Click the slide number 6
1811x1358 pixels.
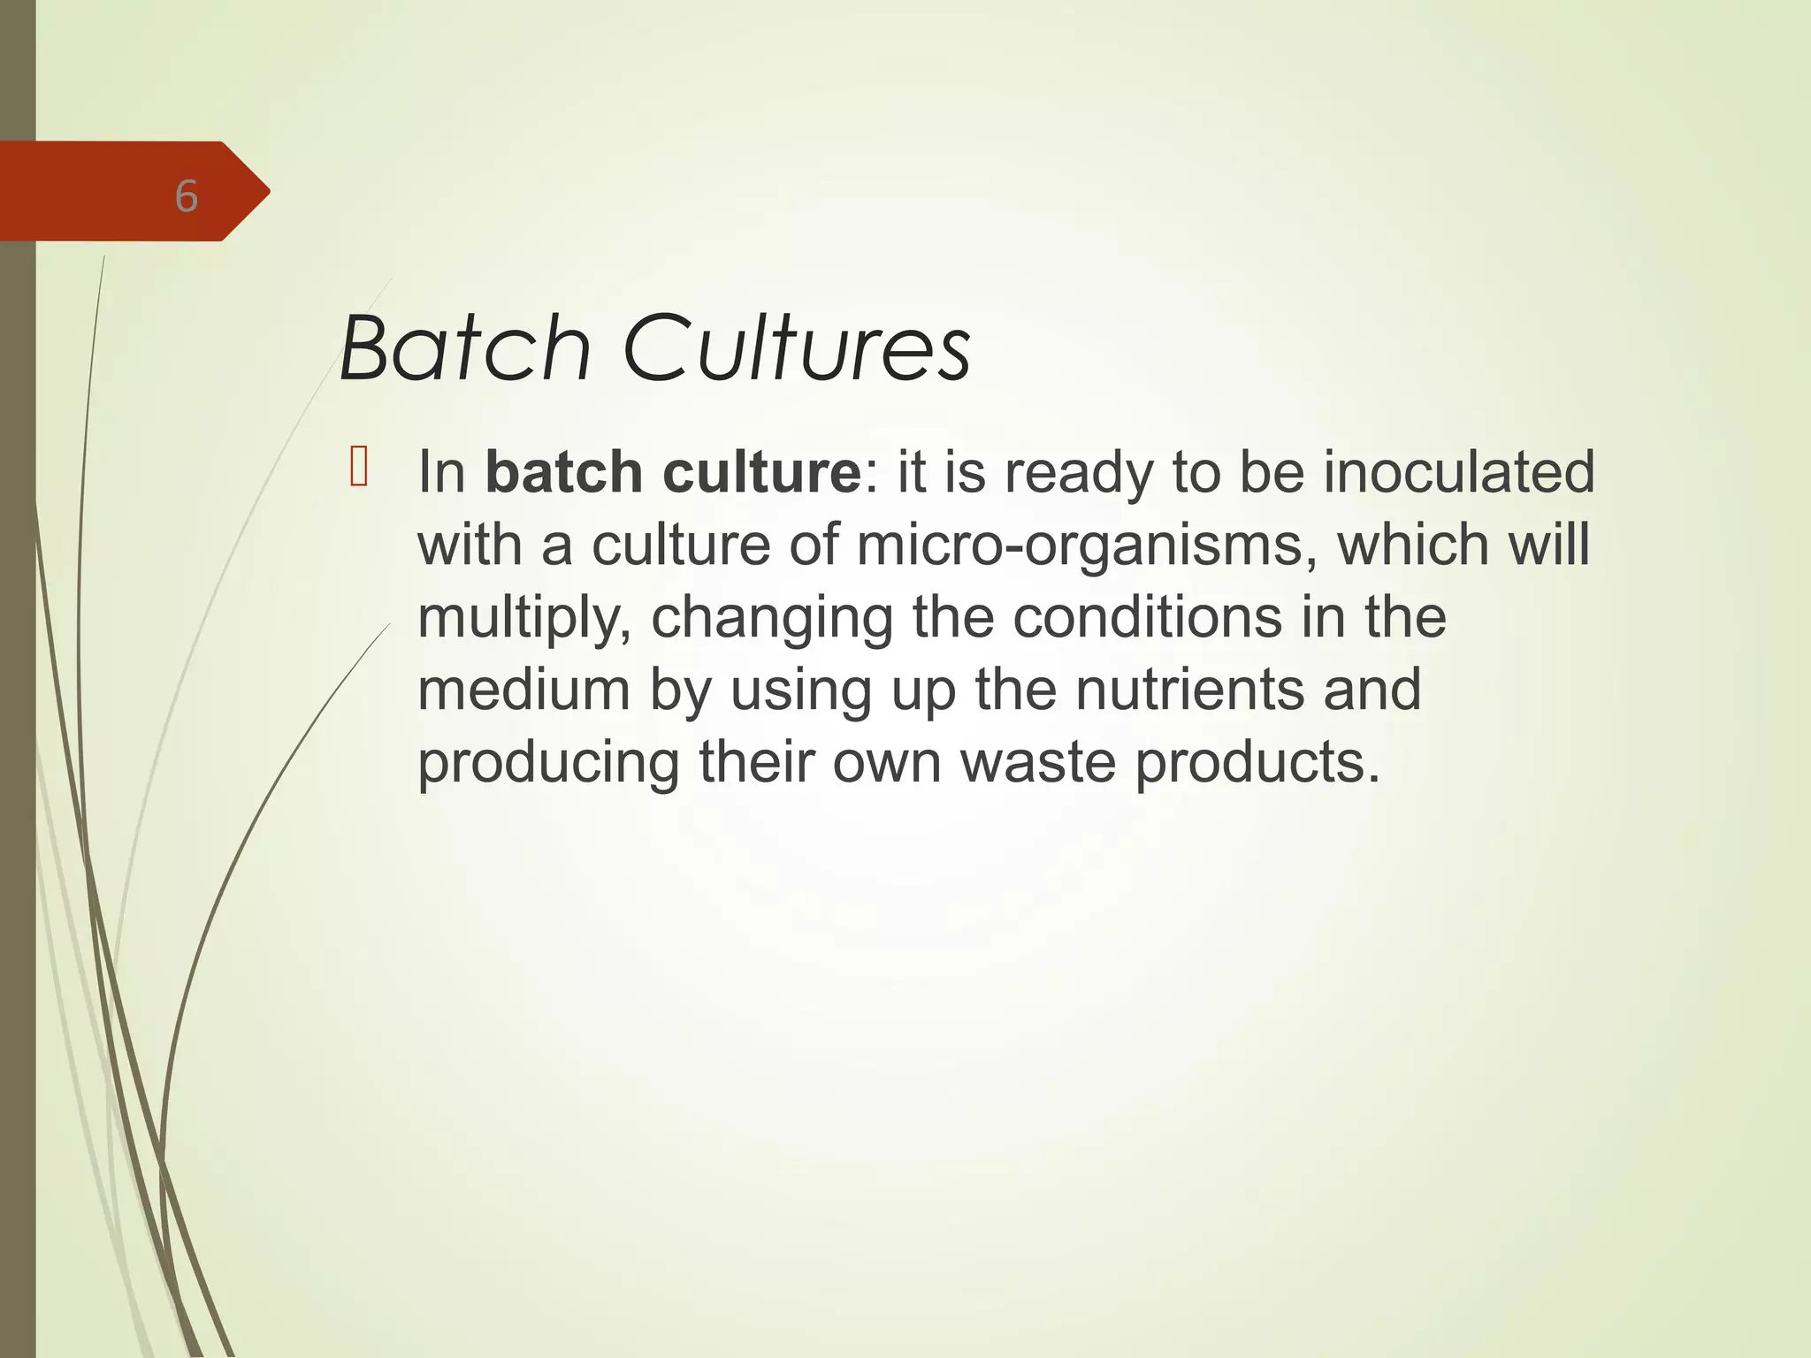[x=186, y=196]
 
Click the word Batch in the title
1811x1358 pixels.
[x=465, y=348]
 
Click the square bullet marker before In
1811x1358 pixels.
[x=358, y=468]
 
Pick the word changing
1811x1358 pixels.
[x=772, y=618]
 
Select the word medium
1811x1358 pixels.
[x=523, y=690]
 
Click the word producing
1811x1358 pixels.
[x=548, y=763]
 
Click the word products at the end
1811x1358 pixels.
[x=1256, y=763]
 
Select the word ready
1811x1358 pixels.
[x=1079, y=474]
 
